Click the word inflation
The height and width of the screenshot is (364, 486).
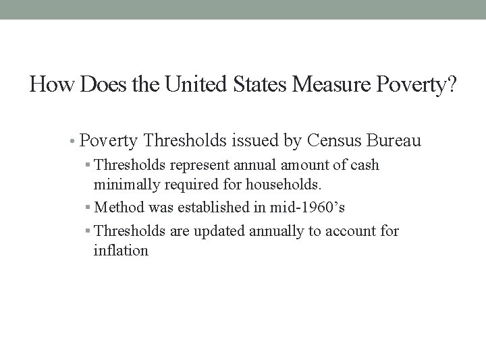121,251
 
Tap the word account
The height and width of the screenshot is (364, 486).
348,232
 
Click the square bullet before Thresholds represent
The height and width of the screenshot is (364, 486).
88,165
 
